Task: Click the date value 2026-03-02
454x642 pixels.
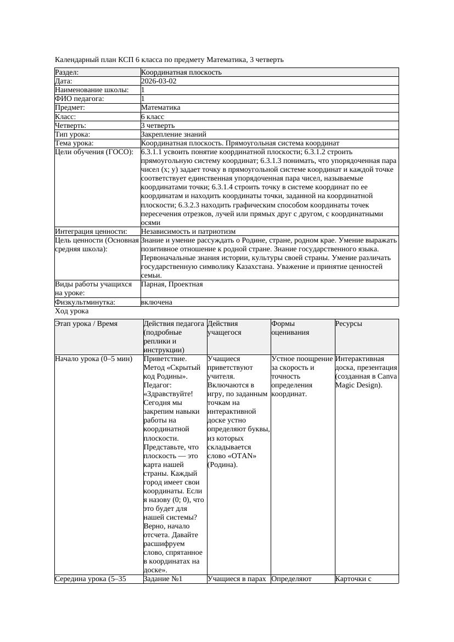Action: [158, 81]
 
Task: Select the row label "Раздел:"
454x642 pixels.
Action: [67, 72]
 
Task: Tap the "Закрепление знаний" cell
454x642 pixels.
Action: [173, 134]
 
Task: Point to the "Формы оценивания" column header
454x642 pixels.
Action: [290, 328]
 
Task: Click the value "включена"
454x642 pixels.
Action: [156, 302]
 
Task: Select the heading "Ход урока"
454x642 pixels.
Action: [71, 311]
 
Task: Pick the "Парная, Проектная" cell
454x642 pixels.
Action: [172, 284]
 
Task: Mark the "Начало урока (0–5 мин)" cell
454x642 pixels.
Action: [94, 359]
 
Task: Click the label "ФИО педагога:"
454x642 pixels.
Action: [80, 99]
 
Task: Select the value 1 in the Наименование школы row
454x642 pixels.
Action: [143, 89]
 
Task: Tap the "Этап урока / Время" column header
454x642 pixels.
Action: [86, 324]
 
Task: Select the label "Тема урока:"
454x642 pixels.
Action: [75, 143]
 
